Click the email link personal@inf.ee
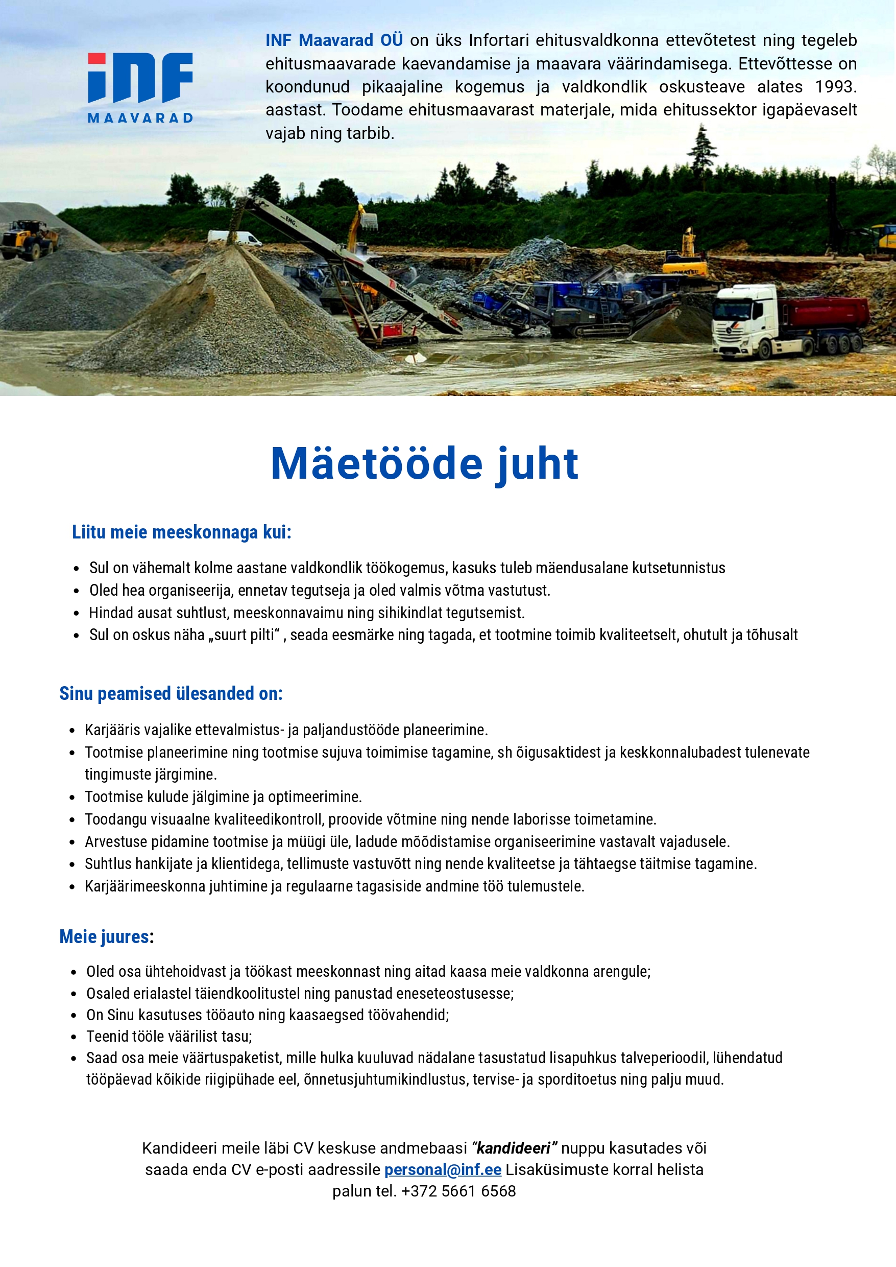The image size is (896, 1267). click(443, 1170)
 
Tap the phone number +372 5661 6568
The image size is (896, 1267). click(458, 1191)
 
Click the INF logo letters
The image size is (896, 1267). click(141, 78)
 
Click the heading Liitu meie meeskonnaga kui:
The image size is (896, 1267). click(182, 532)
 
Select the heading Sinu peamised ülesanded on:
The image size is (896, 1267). click(171, 693)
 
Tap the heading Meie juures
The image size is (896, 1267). click(104, 937)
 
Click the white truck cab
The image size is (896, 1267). click(744, 322)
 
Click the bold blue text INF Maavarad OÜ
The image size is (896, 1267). click(334, 40)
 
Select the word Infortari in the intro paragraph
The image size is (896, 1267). click(498, 40)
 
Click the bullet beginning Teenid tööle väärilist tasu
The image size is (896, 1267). click(169, 1036)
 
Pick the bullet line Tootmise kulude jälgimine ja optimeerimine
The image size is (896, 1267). click(223, 796)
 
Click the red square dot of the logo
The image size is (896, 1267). click(96, 59)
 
